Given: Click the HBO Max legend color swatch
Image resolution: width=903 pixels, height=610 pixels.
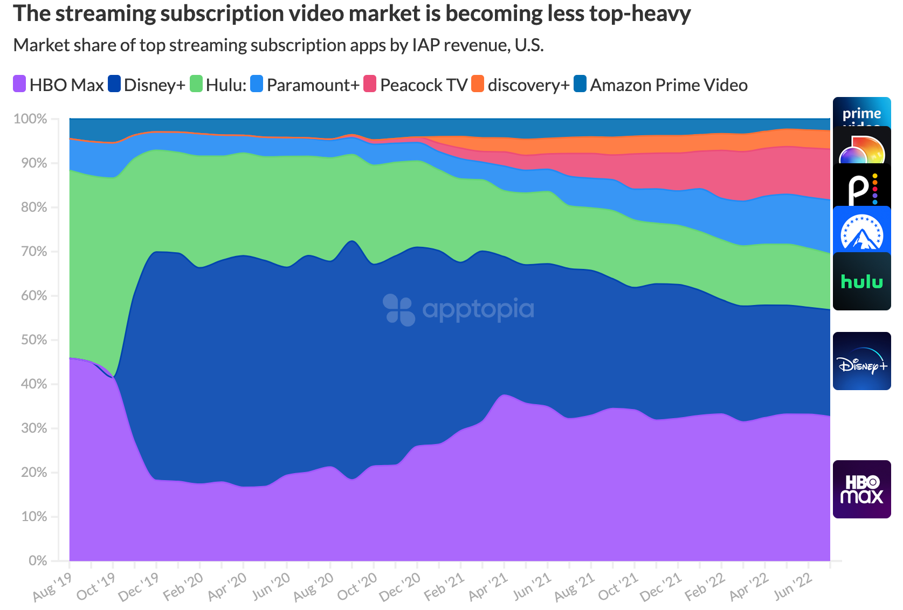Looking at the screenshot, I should (x=19, y=84).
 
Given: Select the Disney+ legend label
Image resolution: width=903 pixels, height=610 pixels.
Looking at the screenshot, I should (x=154, y=85).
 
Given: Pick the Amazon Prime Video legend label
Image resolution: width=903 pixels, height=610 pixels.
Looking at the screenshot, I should (x=668, y=85).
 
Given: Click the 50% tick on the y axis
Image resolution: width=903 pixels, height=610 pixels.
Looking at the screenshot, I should (x=30, y=340).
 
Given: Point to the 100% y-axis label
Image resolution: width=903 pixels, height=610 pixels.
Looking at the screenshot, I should (x=30, y=119).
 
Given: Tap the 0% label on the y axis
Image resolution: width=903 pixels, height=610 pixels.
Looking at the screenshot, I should (x=38, y=561).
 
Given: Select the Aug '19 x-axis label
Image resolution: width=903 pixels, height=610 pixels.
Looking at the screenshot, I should (x=52, y=587).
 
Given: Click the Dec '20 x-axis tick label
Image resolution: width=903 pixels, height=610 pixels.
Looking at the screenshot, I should (x=400, y=587).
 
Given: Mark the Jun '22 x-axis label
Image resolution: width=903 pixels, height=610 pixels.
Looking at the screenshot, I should (x=792, y=587).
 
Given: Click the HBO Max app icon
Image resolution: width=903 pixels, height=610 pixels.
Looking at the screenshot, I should (x=861, y=489).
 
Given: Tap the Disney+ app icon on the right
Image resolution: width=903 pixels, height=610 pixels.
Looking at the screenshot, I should (x=861, y=361).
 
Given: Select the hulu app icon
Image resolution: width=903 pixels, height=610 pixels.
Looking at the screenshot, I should (x=861, y=282).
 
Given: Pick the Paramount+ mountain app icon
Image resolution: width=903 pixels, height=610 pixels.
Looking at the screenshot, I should (x=861, y=232).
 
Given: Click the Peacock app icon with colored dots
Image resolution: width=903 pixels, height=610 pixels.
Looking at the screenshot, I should (x=861, y=186).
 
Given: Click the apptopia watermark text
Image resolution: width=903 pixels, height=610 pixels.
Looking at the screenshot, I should (x=478, y=309).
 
